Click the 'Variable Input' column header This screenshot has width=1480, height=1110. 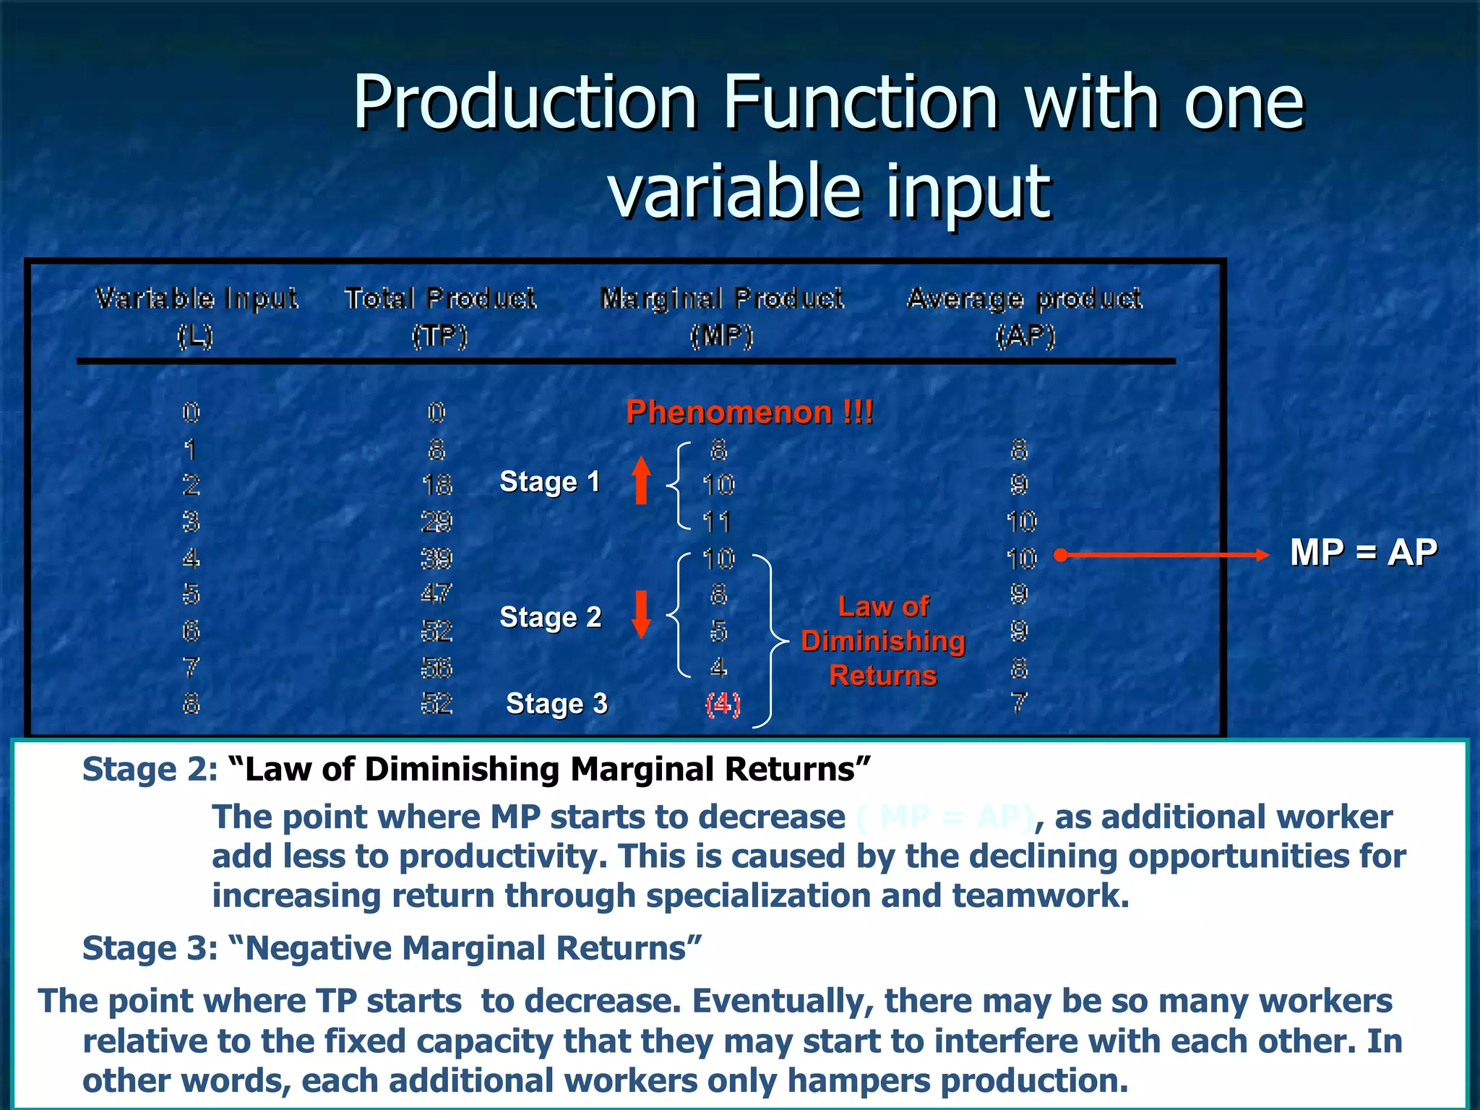pyautogui.click(x=196, y=298)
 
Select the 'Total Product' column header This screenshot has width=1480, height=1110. pyautogui.click(x=440, y=298)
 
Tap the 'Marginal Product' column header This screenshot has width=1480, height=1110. pyautogui.click(x=722, y=298)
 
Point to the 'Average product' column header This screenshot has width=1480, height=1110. pyautogui.click(x=1025, y=298)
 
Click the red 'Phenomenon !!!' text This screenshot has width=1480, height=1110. pyautogui.click(x=749, y=413)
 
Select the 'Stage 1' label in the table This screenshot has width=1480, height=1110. pyautogui.click(x=550, y=482)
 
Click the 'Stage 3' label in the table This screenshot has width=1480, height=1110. pyautogui.click(x=556, y=704)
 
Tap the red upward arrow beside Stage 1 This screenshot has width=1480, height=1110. pyautogui.click(x=641, y=481)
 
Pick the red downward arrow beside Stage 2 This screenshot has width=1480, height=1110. pyautogui.click(x=641, y=615)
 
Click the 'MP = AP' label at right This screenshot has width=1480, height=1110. pyautogui.click(x=1364, y=553)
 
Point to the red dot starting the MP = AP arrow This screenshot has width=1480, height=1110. pyautogui.click(x=1060, y=555)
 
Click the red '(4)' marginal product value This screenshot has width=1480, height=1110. pyautogui.click(x=723, y=704)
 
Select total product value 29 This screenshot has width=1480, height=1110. pyautogui.click(x=436, y=522)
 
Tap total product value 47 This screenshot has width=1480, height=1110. pyautogui.click(x=436, y=594)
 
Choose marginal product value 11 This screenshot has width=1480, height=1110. pyautogui.click(x=717, y=522)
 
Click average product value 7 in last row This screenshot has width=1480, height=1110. pyautogui.click(x=1019, y=702)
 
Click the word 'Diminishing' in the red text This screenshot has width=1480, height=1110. pyautogui.click(x=883, y=642)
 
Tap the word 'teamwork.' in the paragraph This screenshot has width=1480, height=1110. pyautogui.click(x=1040, y=896)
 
